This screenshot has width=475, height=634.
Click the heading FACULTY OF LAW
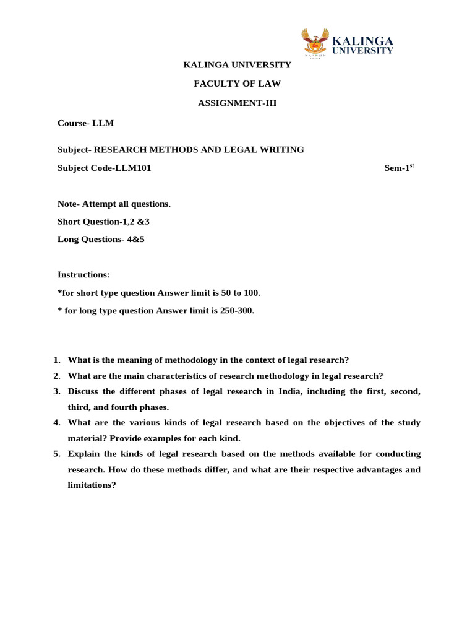click(237, 84)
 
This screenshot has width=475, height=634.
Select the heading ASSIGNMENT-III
click(237, 103)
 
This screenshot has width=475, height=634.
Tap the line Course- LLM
click(85, 123)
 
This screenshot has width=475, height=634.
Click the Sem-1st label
click(398, 167)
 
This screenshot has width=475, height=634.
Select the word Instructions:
click(83, 274)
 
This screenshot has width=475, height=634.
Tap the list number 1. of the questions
click(56, 360)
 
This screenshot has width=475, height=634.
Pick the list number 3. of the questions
click(56, 391)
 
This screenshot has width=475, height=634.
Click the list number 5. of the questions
click(56, 453)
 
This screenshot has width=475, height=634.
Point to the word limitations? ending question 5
click(92, 485)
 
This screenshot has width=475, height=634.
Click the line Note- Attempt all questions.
click(114, 204)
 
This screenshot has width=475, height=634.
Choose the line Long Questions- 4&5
click(101, 239)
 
